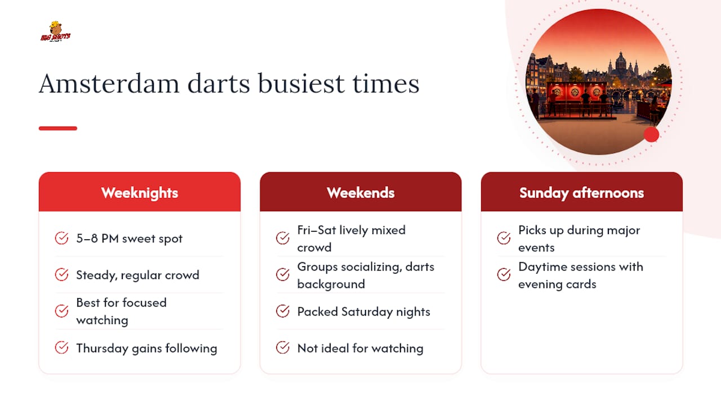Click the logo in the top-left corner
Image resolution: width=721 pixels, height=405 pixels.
pos(55,31)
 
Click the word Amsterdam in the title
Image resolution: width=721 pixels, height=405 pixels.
pos(109,84)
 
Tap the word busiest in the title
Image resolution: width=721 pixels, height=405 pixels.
pos(301,84)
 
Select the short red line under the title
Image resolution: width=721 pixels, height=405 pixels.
pos(58,128)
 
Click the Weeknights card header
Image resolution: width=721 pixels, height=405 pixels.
pos(140,192)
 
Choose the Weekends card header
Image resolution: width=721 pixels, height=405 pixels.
pos(360,192)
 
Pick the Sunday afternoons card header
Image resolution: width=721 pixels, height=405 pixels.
pos(582,192)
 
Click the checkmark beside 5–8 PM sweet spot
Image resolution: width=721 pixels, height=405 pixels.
pos(61,238)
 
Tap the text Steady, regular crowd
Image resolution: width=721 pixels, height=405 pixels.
pos(138,275)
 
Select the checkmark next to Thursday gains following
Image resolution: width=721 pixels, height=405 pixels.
pos(61,348)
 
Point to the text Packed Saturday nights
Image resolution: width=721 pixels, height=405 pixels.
pos(364,312)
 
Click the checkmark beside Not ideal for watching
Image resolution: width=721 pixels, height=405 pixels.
pos(283,348)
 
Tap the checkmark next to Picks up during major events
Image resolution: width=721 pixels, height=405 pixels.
pos(504,238)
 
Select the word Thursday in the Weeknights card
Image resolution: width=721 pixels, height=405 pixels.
pos(102,348)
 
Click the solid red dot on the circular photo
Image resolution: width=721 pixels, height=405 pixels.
pos(652,134)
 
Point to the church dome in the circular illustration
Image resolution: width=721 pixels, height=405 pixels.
pos(620,62)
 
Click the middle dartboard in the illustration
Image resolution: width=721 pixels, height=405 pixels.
pos(575,92)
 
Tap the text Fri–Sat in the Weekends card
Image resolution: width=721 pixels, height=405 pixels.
pos(317,230)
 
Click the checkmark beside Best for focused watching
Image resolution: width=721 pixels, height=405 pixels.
pos(61,311)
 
